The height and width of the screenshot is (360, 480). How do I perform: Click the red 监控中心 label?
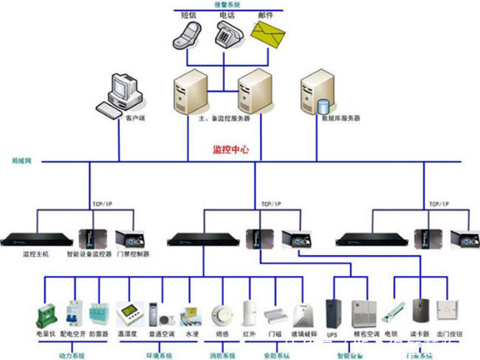230,150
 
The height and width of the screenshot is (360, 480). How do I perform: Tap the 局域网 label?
20,160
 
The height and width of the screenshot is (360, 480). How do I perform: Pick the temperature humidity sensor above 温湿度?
128,313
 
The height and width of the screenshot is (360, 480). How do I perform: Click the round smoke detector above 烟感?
220,313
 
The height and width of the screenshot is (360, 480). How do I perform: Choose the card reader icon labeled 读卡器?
421,311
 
